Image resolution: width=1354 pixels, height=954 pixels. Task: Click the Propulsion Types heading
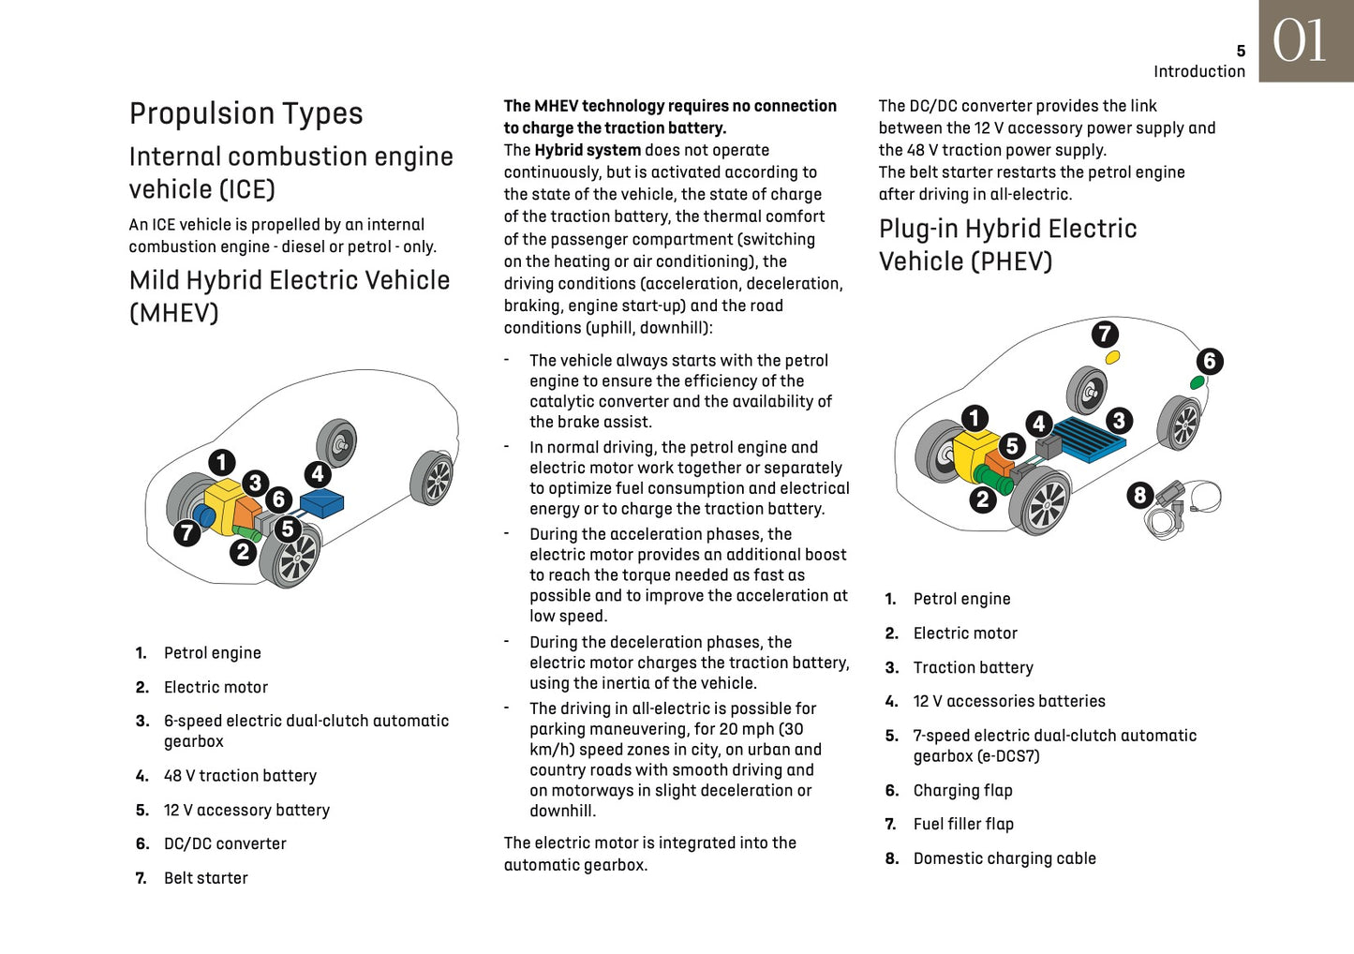[x=246, y=113]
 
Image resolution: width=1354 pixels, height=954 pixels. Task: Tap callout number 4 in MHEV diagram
[x=318, y=474]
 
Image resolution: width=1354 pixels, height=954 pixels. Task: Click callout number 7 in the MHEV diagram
[x=187, y=533]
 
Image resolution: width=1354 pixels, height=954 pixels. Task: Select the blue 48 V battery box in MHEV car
[x=322, y=503]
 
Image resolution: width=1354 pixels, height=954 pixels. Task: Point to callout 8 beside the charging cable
[x=1139, y=495]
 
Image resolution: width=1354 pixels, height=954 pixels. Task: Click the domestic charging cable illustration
[x=1183, y=508]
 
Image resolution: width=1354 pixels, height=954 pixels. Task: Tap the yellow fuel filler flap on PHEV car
[x=1112, y=357]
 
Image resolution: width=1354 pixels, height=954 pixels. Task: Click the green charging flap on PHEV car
[x=1197, y=381]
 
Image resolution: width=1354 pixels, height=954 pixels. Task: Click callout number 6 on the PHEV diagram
[x=1210, y=361]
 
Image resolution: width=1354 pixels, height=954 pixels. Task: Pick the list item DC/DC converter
[x=225, y=843]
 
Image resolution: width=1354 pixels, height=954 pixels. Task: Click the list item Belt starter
[x=205, y=878]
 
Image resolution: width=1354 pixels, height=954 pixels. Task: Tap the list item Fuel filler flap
[x=963, y=824]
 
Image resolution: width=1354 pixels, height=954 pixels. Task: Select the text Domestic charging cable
[x=1004, y=858]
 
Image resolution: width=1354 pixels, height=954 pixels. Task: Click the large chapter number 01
[x=1300, y=41]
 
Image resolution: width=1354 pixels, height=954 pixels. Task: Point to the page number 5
[x=1241, y=51]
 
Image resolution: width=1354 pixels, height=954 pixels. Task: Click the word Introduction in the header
[x=1199, y=71]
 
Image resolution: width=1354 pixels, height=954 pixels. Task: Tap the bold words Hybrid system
[x=588, y=150]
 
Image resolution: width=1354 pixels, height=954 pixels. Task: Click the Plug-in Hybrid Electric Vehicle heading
[x=1007, y=245]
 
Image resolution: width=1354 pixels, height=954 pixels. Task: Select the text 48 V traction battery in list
[x=240, y=776]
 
